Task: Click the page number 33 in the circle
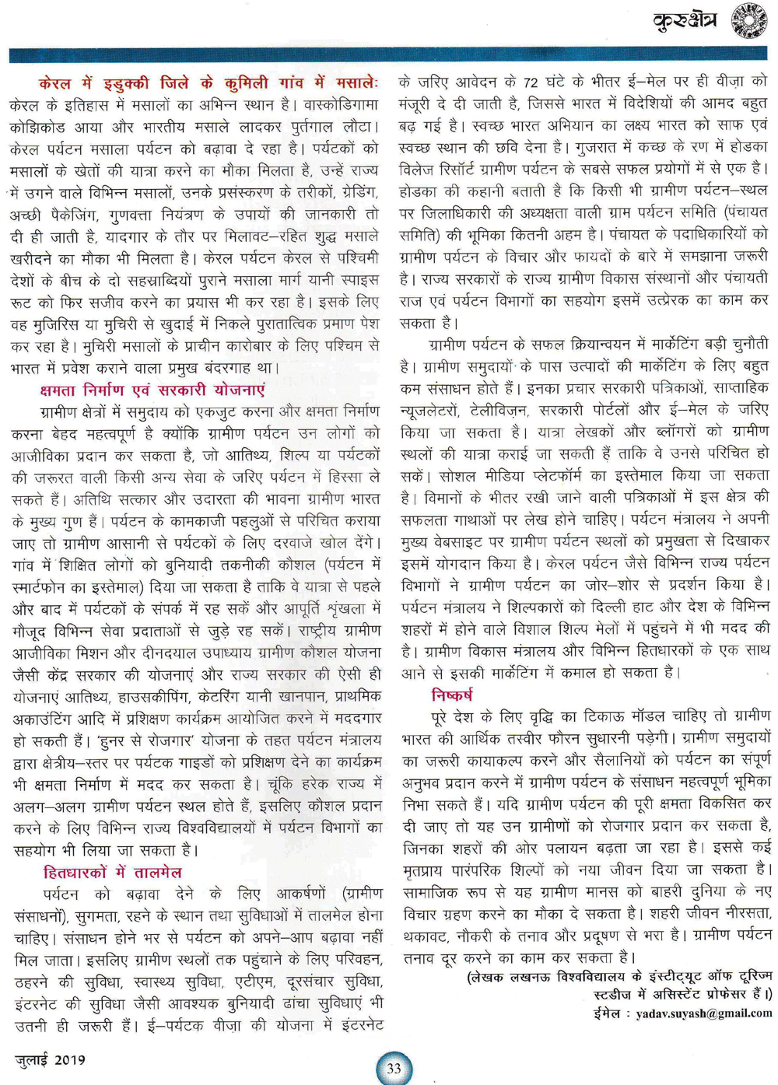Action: (x=394, y=1068)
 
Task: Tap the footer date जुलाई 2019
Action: (x=51, y=1059)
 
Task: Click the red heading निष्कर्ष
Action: (x=452, y=695)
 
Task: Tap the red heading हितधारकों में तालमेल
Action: (x=113, y=873)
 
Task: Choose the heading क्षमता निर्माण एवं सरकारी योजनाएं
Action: (x=152, y=390)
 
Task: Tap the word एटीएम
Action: (x=254, y=982)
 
